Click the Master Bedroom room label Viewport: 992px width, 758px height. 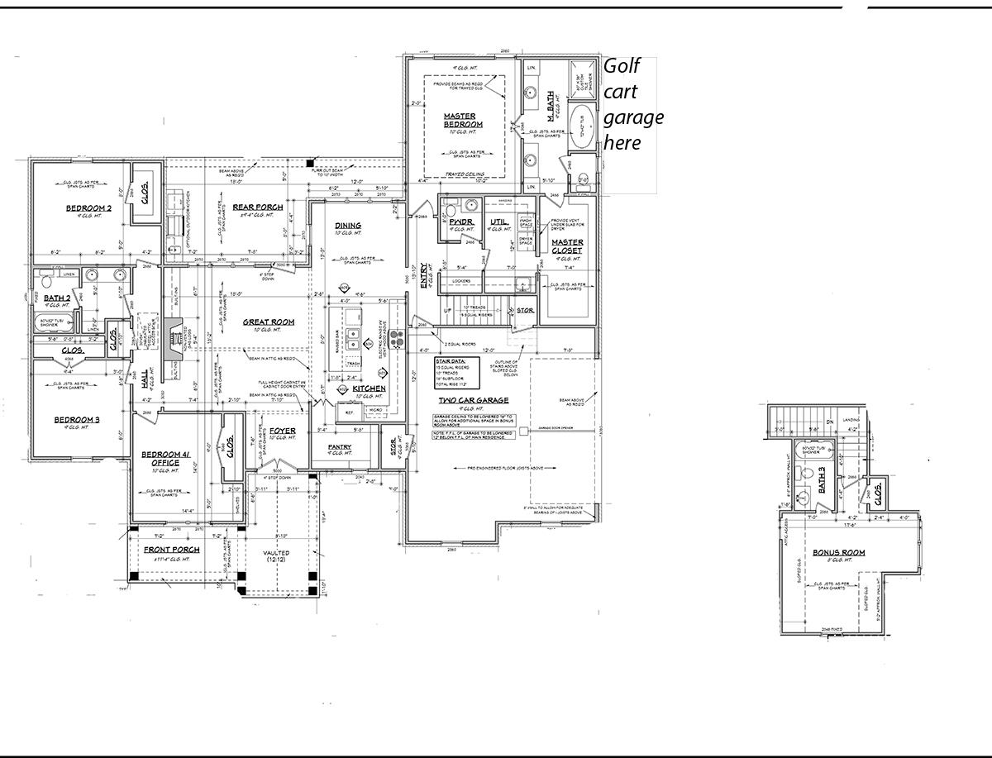point(463,120)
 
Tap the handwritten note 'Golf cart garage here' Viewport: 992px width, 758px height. point(632,104)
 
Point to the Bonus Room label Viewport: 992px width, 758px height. point(837,551)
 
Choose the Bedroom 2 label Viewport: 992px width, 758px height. point(88,207)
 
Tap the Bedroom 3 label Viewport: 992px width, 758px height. point(77,420)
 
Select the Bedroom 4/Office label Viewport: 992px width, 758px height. point(167,459)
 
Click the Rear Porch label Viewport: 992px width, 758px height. point(258,207)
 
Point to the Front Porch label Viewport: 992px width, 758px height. point(172,550)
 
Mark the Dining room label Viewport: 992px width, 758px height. point(348,226)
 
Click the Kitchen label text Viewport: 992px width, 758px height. point(370,388)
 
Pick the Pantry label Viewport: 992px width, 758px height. point(339,447)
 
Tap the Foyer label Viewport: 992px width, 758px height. point(283,431)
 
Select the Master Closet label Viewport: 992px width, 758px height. point(567,246)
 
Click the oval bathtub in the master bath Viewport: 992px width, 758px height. point(583,126)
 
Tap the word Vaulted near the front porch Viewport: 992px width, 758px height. point(275,553)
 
